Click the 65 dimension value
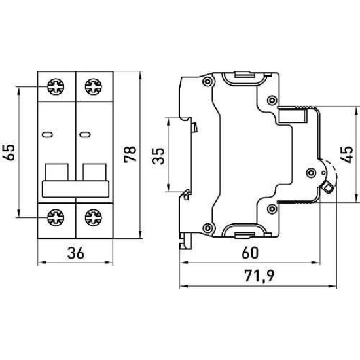[9, 153]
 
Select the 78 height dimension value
[130, 154]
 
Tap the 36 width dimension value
[76, 253]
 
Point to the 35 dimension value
[158, 156]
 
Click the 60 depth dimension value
[250, 253]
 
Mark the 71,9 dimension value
[259, 276]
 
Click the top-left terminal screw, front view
[56, 86]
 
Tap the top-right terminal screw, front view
[93, 86]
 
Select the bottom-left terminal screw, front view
[56, 217]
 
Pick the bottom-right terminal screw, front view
[93, 217]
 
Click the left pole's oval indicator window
[48, 135]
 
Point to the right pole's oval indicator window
[85, 135]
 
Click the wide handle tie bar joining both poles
[75, 189]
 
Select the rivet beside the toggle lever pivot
[311, 173]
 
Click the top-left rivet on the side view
[207, 82]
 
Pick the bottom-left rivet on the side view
[207, 228]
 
